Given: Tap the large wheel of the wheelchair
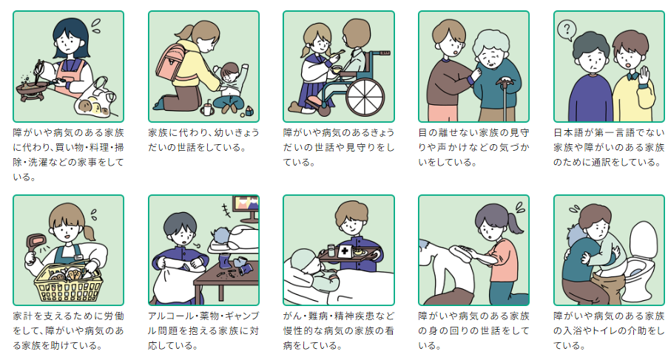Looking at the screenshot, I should coord(365,95).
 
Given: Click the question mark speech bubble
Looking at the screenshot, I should coord(566,30).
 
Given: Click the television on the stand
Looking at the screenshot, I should coord(245,206).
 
